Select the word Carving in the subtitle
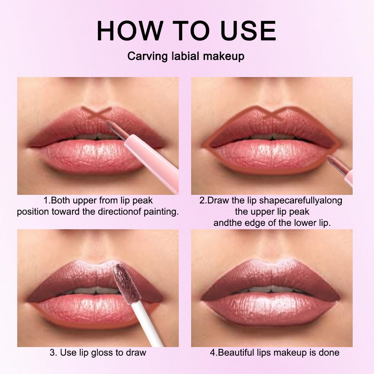tap(148, 56)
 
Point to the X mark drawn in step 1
tap(96, 113)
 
